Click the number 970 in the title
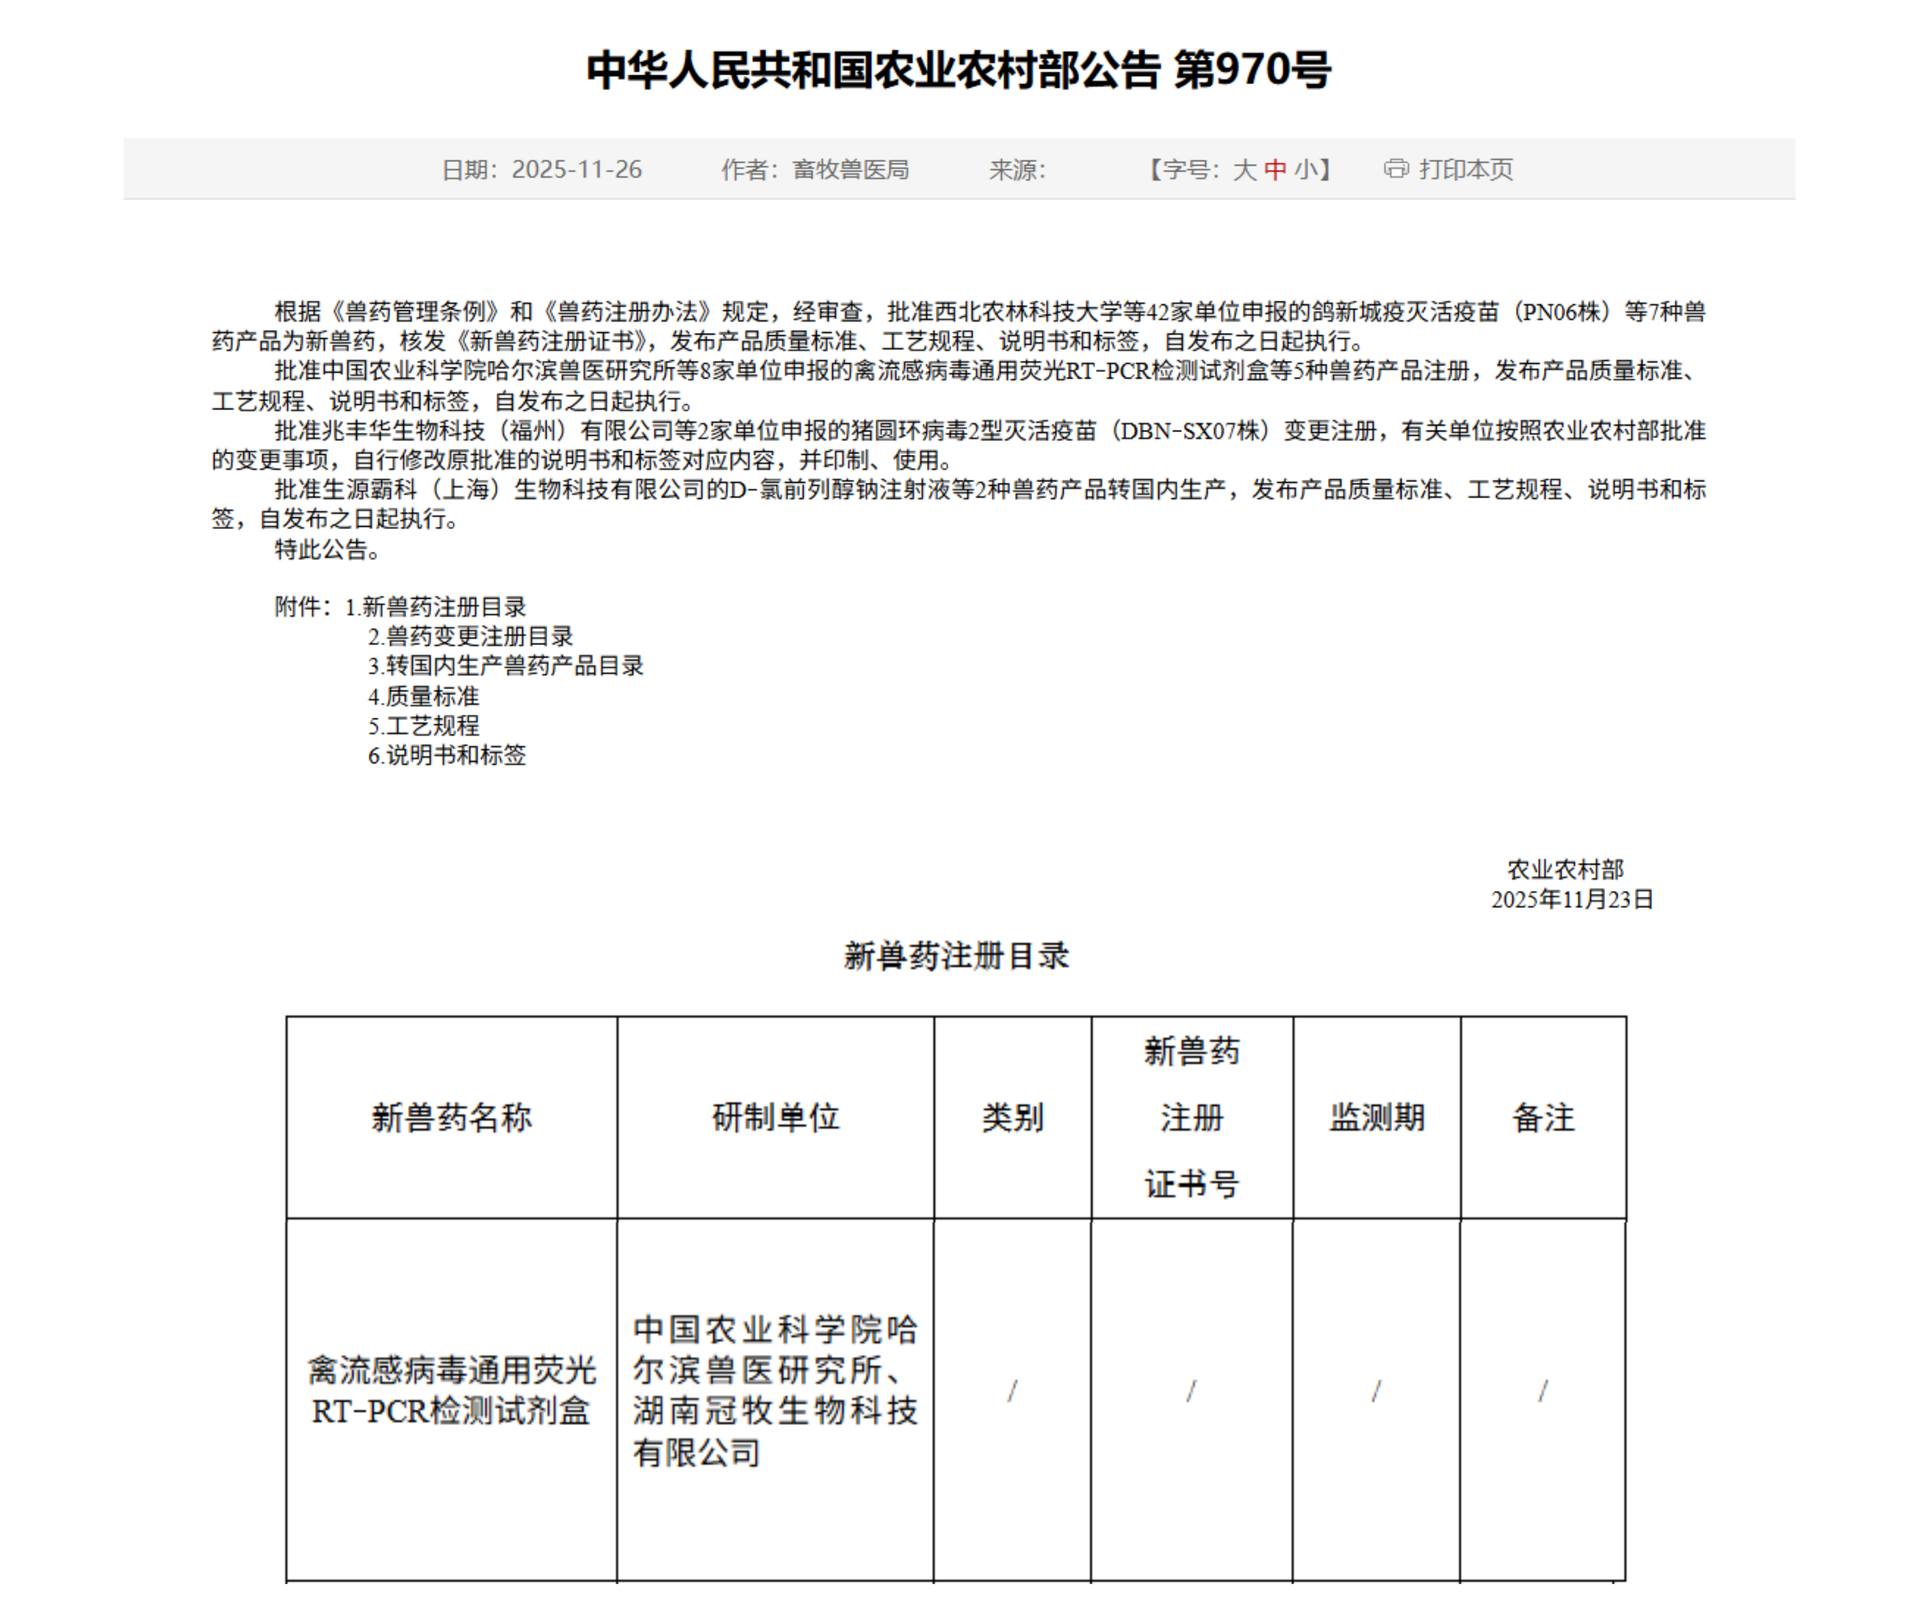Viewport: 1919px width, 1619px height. [1252, 70]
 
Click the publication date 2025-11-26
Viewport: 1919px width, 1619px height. [576, 170]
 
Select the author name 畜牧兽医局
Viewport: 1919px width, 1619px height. [851, 170]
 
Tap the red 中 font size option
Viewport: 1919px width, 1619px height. [1275, 170]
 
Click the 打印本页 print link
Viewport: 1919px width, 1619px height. [1466, 170]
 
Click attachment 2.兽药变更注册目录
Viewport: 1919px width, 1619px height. [470, 636]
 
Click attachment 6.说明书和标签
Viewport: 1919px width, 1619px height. [447, 756]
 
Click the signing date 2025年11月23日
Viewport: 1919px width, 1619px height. [1571, 899]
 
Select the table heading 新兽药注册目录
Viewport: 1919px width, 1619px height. [956, 957]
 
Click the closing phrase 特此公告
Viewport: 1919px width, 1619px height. [327, 550]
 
